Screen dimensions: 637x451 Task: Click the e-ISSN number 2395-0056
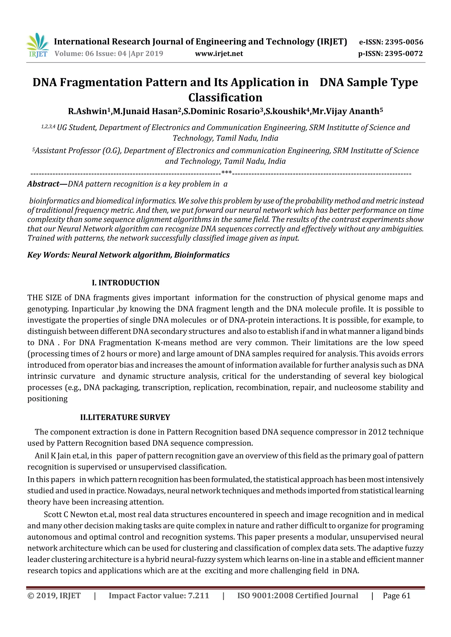point(404,42)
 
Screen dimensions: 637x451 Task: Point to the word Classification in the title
point(225,97)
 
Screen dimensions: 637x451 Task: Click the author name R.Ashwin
point(87,111)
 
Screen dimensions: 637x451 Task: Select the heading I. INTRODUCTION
point(126,283)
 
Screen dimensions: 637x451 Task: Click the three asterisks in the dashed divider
point(227,173)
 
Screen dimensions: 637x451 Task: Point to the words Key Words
point(48,255)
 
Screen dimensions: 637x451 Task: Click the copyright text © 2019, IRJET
point(54,596)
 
